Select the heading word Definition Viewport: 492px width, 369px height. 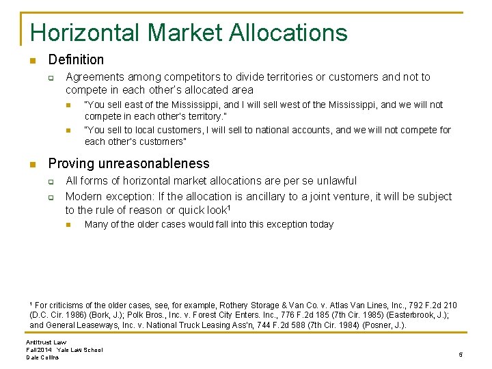tap(76, 60)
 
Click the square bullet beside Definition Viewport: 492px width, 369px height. tap(31, 61)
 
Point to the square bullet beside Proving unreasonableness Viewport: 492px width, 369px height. tap(31, 165)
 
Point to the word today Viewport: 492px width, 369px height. tap(320, 224)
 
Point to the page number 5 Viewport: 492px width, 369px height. tap(461, 354)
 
